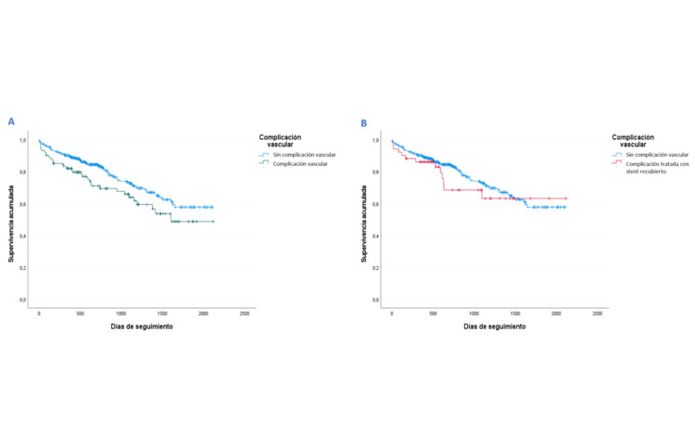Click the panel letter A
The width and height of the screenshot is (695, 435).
pos(11,122)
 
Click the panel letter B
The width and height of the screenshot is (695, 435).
pos(363,122)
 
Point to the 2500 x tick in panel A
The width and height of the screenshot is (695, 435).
pos(245,314)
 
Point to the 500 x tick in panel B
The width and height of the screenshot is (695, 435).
pos(433,314)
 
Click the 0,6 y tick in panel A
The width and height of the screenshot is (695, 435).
pos(23,204)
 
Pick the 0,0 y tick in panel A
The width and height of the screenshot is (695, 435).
pos(23,301)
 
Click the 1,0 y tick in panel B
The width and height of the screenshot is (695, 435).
pos(375,140)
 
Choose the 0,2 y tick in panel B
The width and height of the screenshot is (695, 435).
pos(375,268)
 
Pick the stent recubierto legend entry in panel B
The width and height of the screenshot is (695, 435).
pos(652,168)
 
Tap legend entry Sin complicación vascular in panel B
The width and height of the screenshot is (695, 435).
pos(654,154)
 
